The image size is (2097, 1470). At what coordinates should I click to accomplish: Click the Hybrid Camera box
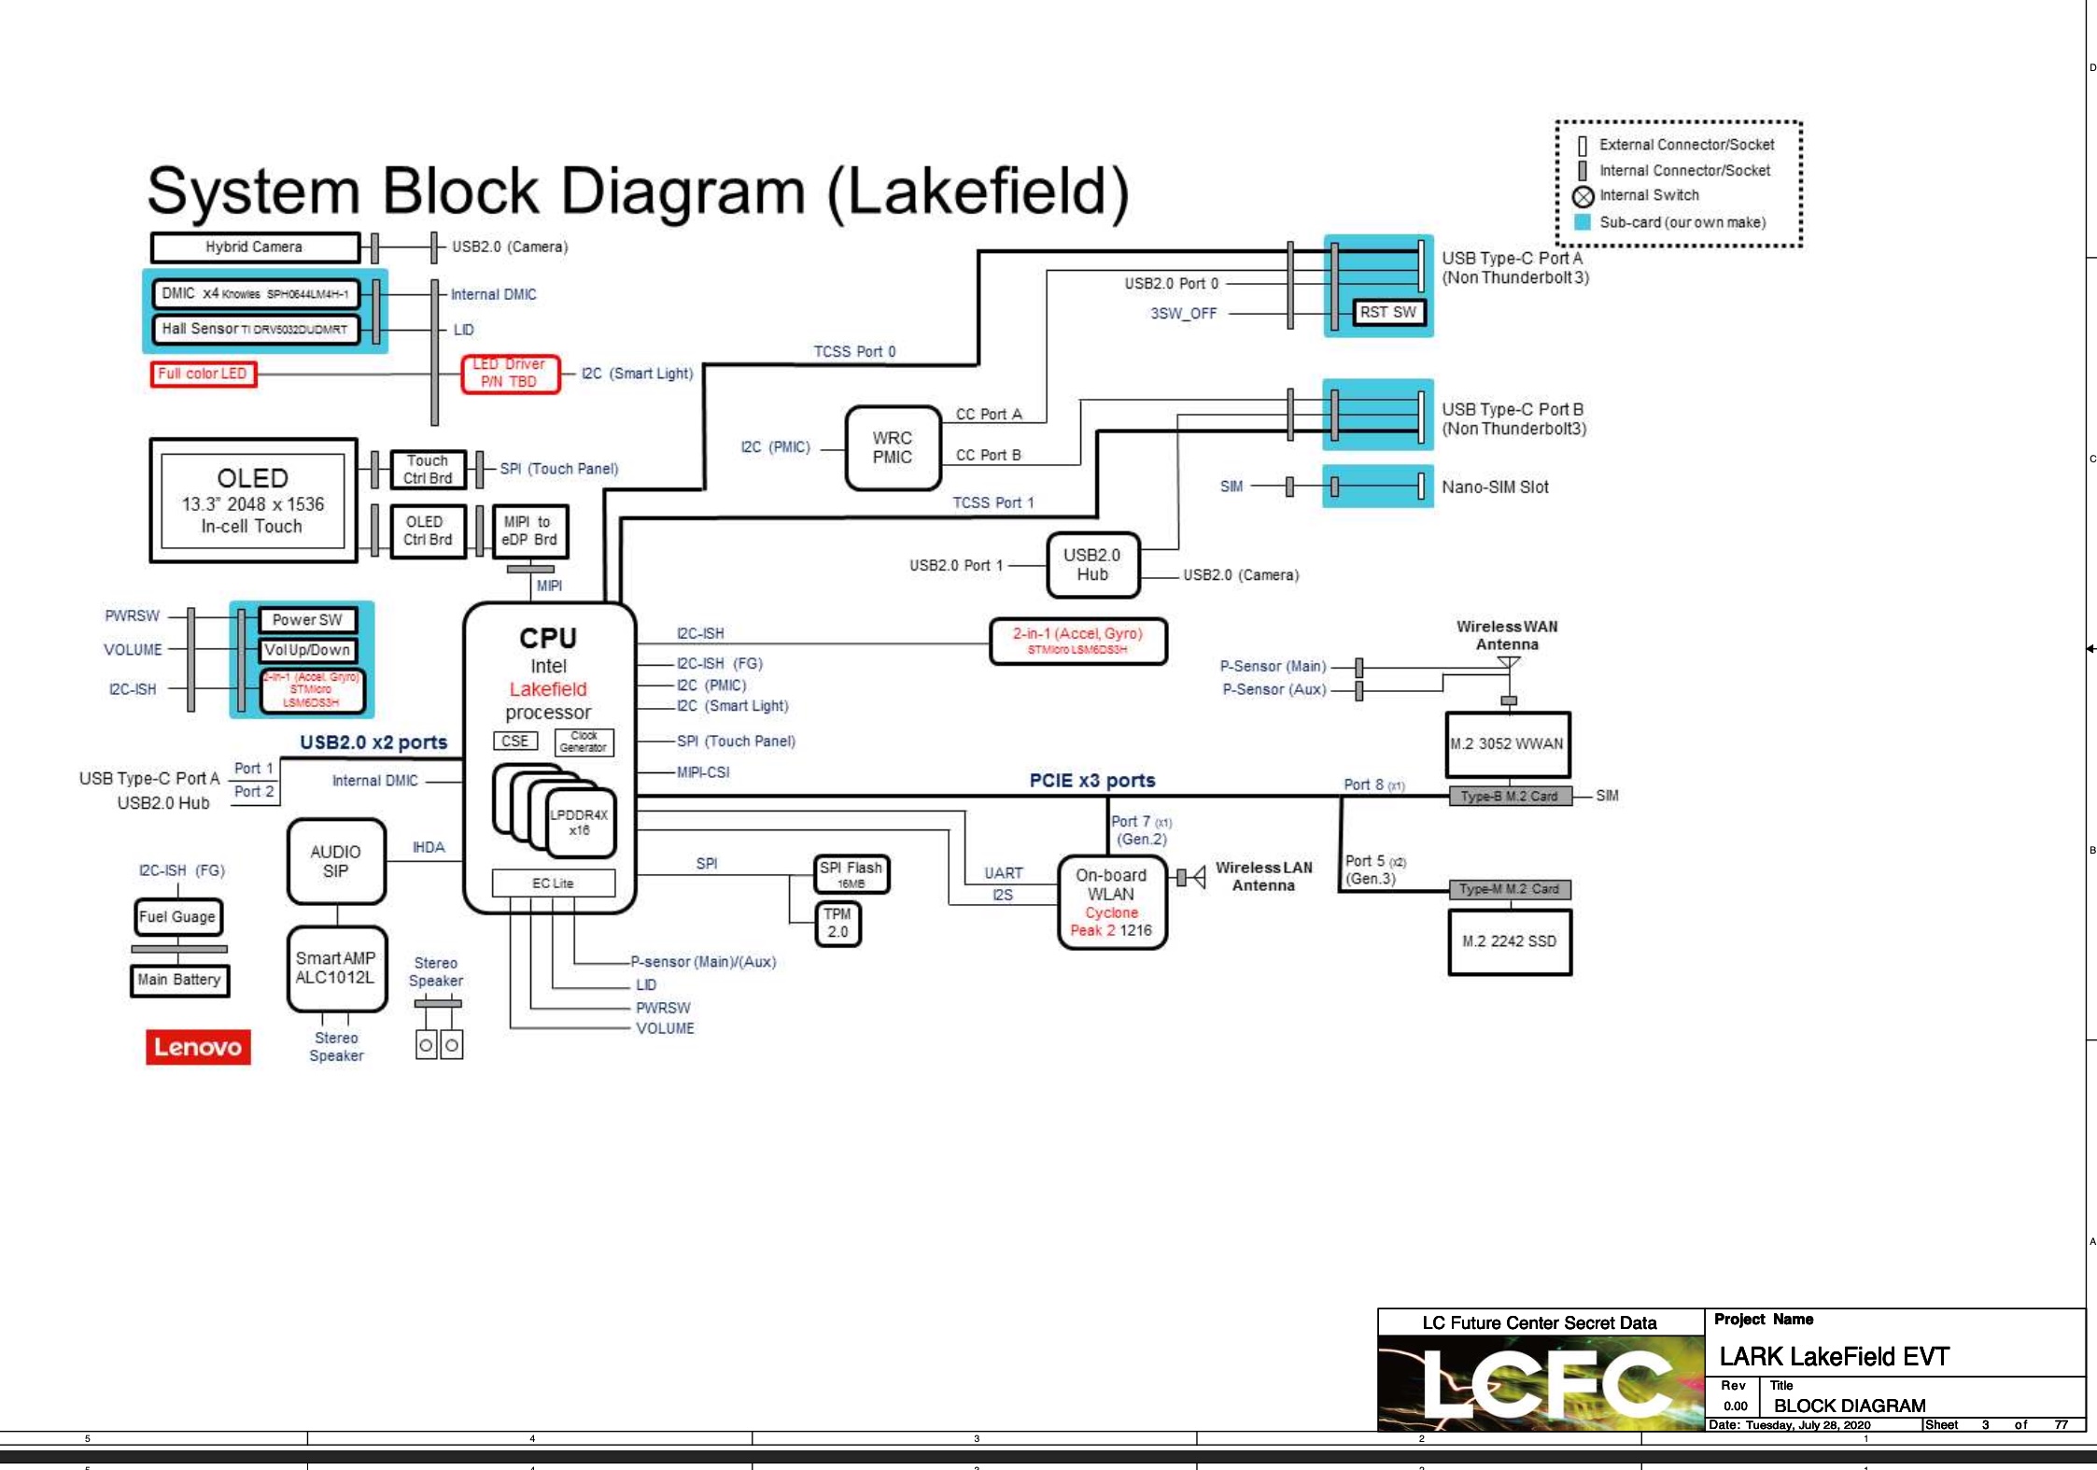tap(254, 247)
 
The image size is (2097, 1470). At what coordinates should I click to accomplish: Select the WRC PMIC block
tap(893, 448)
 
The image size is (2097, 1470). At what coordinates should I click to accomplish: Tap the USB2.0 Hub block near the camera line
tap(1092, 565)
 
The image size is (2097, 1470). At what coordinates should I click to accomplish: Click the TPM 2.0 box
tap(837, 923)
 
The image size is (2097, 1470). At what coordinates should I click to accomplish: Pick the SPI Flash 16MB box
tap(851, 874)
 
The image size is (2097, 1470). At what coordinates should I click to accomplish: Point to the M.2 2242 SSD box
tap(1509, 941)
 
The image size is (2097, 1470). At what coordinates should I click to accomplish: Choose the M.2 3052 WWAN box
tap(1507, 744)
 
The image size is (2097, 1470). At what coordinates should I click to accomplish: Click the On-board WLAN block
tap(1111, 903)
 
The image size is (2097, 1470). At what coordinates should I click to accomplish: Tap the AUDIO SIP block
tap(336, 862)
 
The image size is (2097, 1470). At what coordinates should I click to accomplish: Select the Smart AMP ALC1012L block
tap(336, 968)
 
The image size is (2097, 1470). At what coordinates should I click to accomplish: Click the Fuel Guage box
tap(177, 917)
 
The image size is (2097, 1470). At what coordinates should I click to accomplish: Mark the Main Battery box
tap(179, 980)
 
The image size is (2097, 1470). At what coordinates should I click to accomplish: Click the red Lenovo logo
tap(198, 1047)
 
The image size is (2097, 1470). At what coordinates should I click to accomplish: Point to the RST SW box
tap(1388, 312)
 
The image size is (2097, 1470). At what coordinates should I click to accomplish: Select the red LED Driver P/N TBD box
tap(510, 374)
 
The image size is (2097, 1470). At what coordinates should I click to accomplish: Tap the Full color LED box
tap(203, 374)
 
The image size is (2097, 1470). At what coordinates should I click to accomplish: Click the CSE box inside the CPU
tap(514, 741)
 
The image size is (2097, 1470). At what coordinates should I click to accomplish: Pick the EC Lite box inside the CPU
tap(553, 883)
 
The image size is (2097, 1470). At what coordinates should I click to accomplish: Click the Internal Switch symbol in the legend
tap(1583, 196)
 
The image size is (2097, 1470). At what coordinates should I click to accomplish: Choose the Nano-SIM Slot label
tap(1494, 487)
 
